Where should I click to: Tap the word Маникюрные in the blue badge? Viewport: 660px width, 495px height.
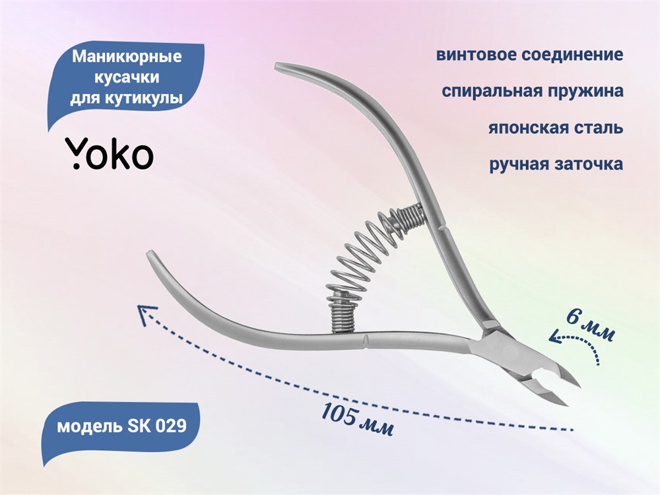(x=127, y=56)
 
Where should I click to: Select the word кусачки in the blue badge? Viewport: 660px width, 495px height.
(x=127, y=77)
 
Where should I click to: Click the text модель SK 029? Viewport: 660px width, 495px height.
(x=121, y=426)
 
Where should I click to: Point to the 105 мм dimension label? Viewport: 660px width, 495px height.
(x=357, y=419)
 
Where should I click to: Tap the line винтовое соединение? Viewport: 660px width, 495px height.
(x=529, y=55)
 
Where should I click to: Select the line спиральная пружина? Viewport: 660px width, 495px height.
(x=533, y=91)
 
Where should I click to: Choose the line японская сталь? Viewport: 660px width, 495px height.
(x=556, y=127)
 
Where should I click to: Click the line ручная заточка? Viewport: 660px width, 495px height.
(x=556, y=164)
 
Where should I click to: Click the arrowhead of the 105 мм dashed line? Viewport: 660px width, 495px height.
(x=146, y=314)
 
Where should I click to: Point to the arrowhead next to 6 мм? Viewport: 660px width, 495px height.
(x=556, y=337)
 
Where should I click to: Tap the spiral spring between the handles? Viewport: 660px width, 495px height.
(x=370, y=261)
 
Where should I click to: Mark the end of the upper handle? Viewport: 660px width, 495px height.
(x=277, y=67)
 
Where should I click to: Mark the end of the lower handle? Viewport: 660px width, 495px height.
(x=148, y=254)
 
